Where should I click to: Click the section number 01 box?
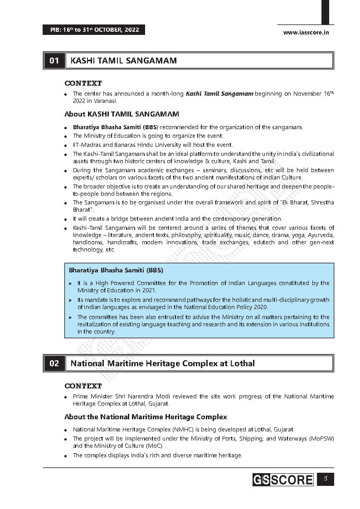[x=54, y=60]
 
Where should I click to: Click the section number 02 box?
[x=54, y=364]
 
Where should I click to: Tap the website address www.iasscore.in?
[x=306, y=32]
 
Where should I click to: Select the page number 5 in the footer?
[x=325, y=479]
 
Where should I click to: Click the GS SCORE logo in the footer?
[x=283, y=480]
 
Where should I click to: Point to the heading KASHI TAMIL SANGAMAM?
[x=124, y=60]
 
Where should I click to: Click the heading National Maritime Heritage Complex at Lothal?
[x=163, y=364]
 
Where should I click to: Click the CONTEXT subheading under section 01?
[x=83, y=83]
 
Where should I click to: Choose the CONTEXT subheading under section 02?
[x=83, y=386]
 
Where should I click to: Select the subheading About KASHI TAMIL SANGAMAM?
[x=122, y=114]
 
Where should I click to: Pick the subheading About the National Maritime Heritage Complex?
[x=146, y=417]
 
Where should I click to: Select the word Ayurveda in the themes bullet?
[x=321, y=235]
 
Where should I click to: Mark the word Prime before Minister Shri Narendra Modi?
[x=80, y=397]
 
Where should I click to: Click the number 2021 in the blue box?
[x=146, y=290]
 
